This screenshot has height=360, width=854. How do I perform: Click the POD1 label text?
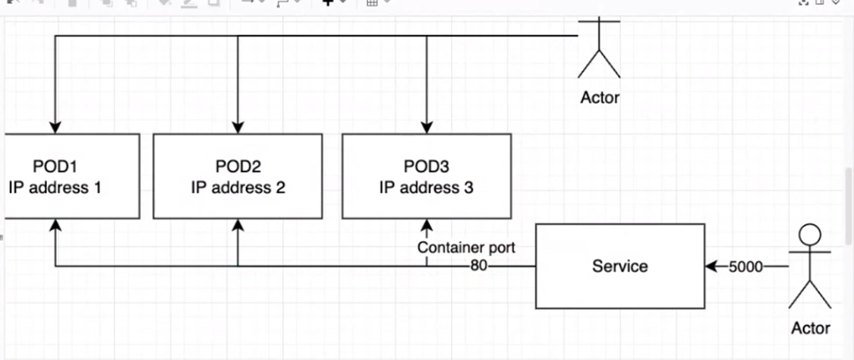55,166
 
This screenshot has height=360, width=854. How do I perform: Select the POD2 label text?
238,166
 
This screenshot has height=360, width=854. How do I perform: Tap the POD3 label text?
426,166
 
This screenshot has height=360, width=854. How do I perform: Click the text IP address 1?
55,188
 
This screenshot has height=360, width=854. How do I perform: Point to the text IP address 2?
238,188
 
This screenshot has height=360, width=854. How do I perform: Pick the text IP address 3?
427,188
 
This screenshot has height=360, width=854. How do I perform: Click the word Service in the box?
619,266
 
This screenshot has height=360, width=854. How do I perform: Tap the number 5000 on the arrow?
745,267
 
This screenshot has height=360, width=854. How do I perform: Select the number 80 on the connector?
479,266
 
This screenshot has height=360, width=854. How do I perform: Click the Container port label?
466,248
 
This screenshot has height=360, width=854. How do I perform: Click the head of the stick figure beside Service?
809,235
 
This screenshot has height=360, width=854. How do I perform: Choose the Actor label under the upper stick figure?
600,97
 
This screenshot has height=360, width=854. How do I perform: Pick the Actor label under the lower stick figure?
811,328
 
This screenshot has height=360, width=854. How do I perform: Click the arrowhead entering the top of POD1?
55,128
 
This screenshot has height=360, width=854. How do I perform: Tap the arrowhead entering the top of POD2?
238,128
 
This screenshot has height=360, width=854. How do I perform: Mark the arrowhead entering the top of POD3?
427,128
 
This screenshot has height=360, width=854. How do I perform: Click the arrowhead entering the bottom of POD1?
55,225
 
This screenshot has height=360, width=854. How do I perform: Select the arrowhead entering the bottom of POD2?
238,225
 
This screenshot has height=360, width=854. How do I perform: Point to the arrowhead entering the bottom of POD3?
427,225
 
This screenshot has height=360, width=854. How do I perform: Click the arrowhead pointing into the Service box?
711,267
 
